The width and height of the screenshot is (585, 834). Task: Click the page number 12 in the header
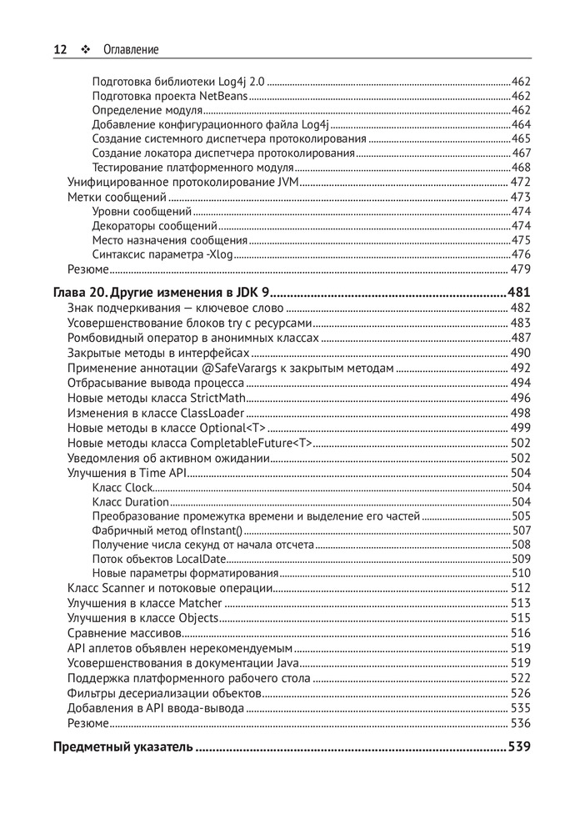coord(60,49)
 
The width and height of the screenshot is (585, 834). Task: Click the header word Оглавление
coord(131,49)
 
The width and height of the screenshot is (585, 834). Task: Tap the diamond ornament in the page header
coord(85,49)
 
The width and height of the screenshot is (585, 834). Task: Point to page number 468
coord(521,168)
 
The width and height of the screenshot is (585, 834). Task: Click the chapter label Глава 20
coord(80,293)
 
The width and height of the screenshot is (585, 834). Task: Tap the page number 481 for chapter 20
coord(518,293)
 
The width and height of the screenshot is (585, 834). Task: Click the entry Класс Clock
coord(122,487)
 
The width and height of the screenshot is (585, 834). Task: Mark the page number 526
coord(521,693)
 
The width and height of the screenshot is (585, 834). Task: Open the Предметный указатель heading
coord(122,746)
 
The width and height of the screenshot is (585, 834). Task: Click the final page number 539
coord(518,746)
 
